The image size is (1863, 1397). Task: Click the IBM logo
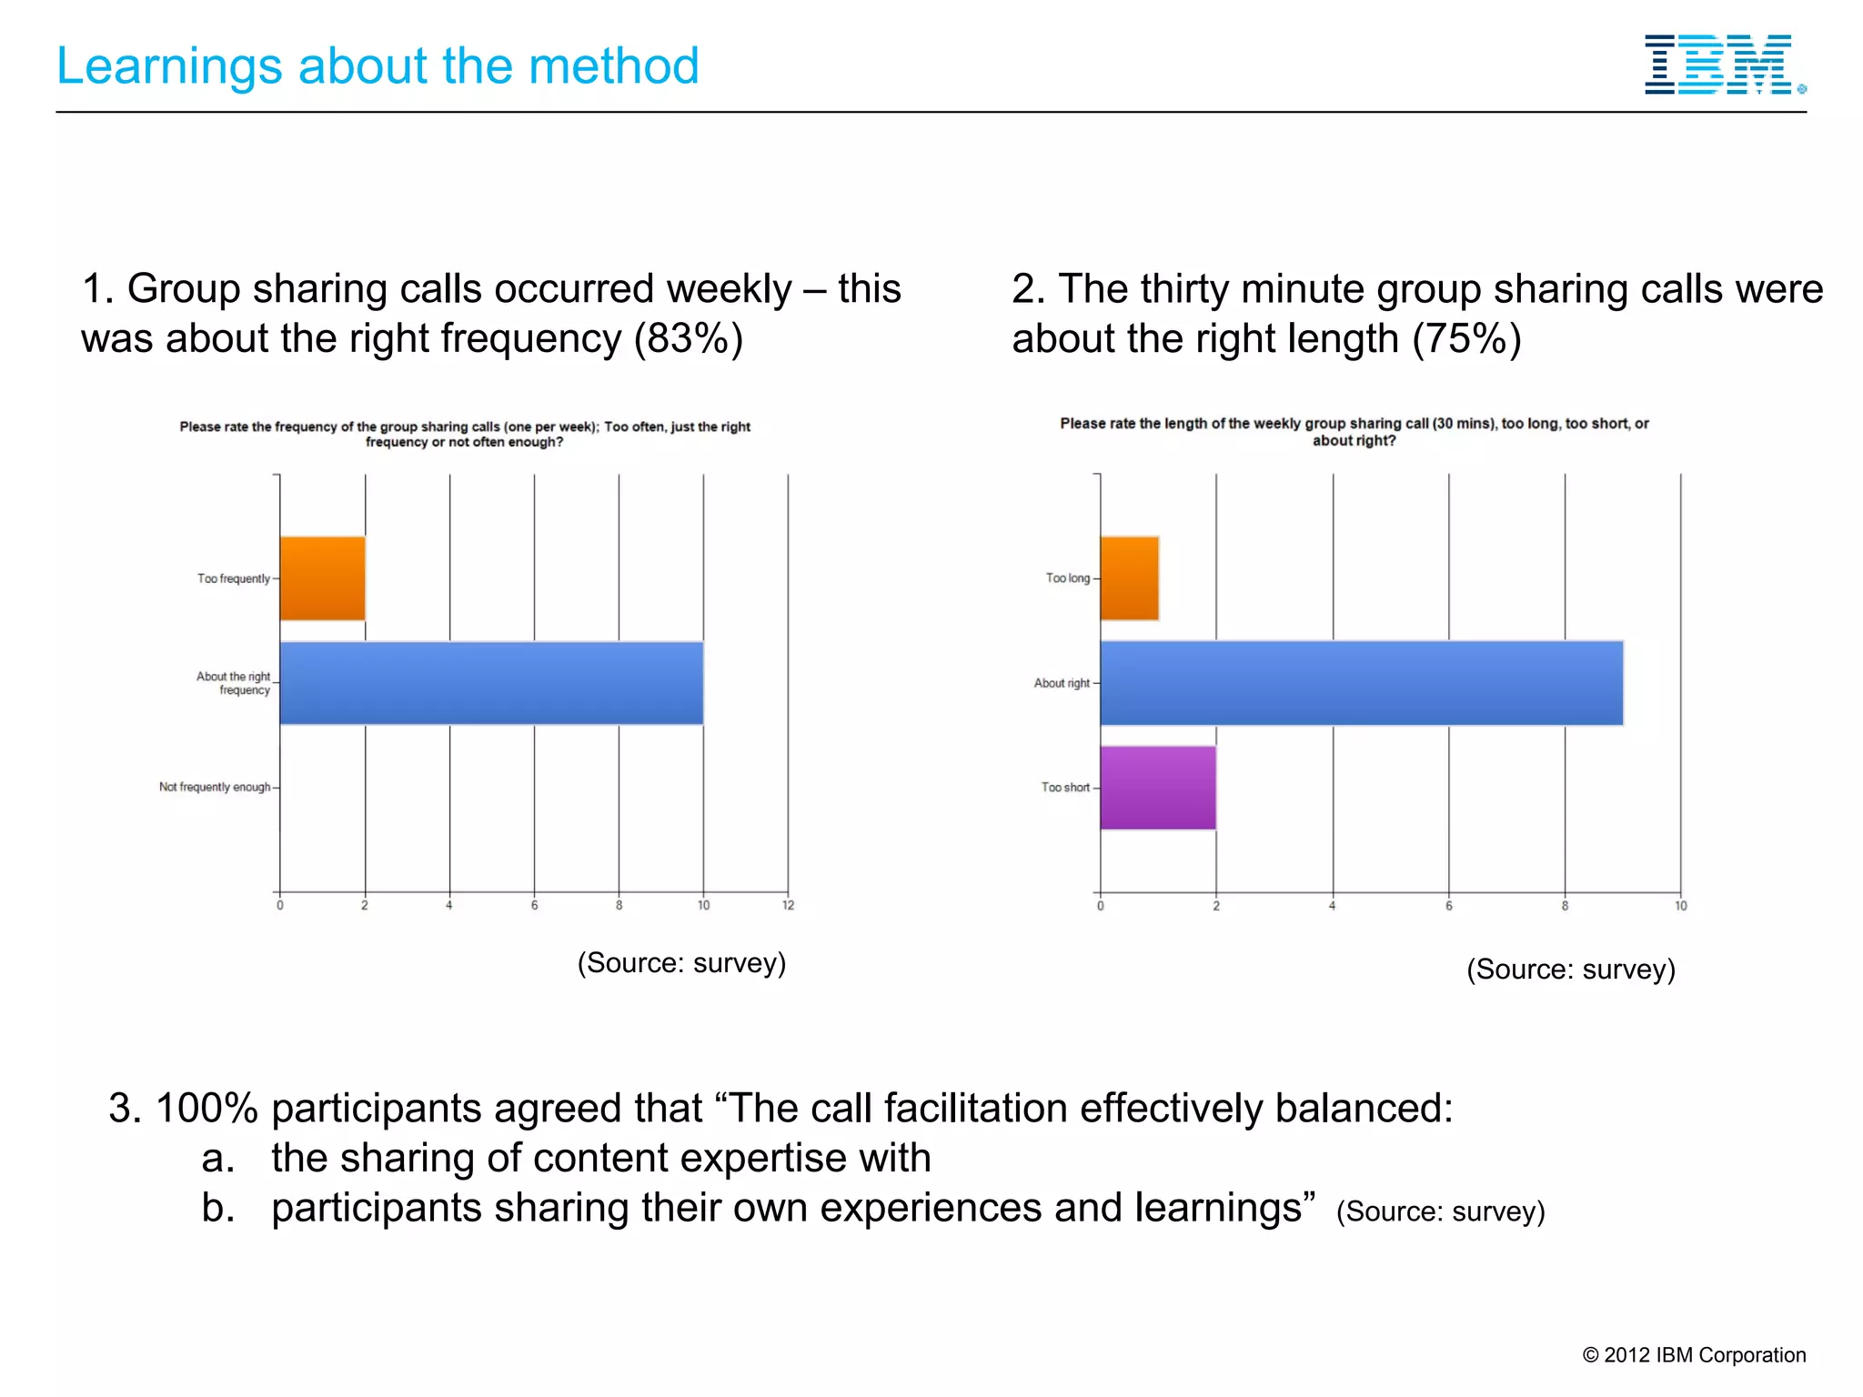click(x=1722, y=65)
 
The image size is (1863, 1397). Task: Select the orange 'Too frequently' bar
click(x=322, y=578)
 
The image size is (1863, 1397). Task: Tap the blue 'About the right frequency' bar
click(x=491, y=683)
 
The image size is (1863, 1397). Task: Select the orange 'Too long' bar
click(x=1129, y=578)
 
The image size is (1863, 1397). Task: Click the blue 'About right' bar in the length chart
click(x=1361, y=683)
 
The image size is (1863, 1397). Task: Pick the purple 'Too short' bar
click(x=1157, y=788)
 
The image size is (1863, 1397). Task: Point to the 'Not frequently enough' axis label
click(x=215, y=787)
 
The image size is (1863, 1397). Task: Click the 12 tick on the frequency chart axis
click(x=788, y=905)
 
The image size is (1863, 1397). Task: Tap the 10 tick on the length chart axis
click(x=1680, y=906)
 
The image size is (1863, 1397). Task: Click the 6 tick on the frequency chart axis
click(x=534, y=905)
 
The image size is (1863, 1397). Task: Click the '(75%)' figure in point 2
click(x=1466, y=338)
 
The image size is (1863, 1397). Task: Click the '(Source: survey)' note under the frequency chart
click(x=681, y=962)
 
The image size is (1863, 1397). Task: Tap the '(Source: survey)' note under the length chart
click(x=1570, y=969)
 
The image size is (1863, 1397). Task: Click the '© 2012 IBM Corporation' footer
click(x=1694, y=1355)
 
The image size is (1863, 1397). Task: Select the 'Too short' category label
click(x=1064, y=788)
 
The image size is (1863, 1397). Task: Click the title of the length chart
click(x=1354, y=432)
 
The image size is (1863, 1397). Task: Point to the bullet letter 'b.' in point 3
click(x=218, y=1208)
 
